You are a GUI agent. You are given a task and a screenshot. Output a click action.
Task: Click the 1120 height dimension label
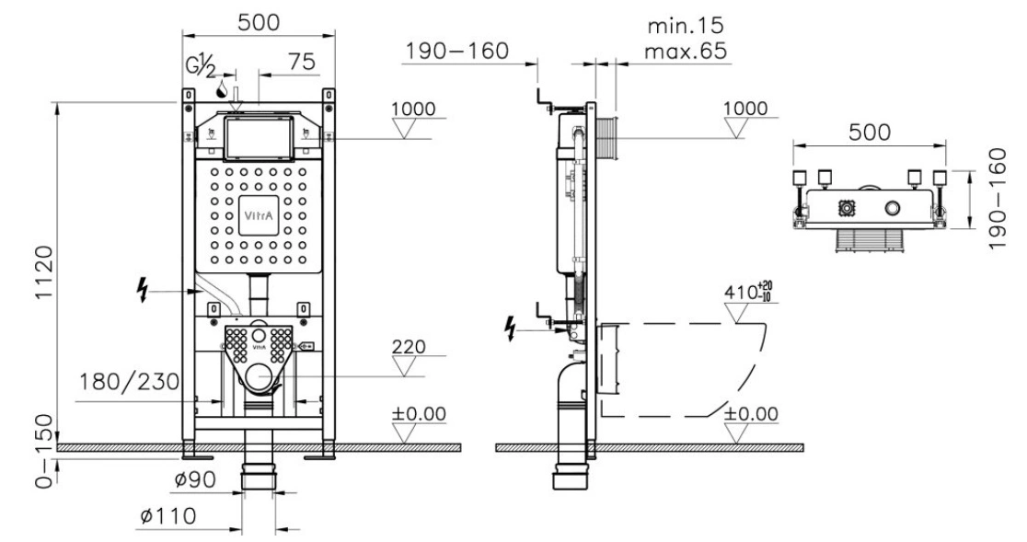[43, 272]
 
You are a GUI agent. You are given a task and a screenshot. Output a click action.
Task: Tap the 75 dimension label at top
[301, 63]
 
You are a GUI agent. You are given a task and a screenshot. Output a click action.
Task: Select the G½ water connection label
[202, 66]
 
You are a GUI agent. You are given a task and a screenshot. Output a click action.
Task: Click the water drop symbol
[224, 88]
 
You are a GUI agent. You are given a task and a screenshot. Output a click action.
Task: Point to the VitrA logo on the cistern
[259, 215]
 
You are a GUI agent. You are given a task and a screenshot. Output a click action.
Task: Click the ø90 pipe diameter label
[194, 479]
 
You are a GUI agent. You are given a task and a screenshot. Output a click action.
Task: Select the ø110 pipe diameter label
[168, 516]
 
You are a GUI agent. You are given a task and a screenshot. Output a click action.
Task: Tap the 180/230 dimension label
[129, 381]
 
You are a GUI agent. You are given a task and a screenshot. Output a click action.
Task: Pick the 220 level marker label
[409, 346]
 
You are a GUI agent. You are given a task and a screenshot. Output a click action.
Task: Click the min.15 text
[686, 26]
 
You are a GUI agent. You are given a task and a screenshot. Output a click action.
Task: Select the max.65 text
[686, 51]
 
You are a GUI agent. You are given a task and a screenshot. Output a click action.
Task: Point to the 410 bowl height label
[749, 292]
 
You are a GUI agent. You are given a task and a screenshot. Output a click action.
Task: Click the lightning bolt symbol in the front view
[142, 289]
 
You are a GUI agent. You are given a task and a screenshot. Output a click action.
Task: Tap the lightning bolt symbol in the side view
[510, 328]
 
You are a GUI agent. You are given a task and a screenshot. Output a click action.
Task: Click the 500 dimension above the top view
[870, 133]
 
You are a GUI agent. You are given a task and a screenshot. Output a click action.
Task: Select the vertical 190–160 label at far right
[997, 199]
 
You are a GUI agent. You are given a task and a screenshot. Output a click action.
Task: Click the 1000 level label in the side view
[745, 108]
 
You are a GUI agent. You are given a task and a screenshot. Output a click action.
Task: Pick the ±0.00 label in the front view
[419, 414]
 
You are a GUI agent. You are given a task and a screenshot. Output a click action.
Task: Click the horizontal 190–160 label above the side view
[456, 51]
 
